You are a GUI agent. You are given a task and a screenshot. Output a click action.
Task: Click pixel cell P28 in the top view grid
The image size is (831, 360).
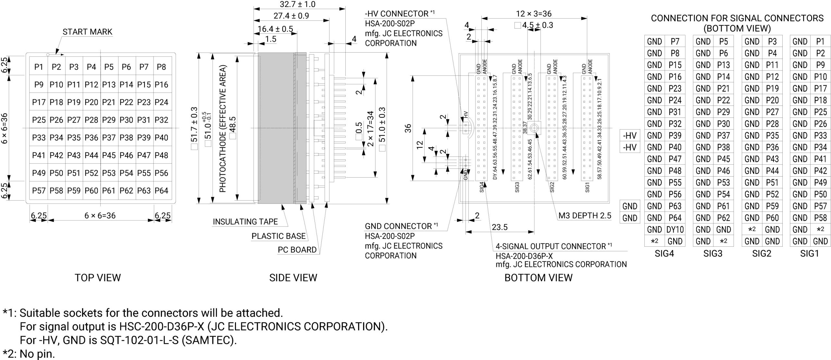tap(91, 120)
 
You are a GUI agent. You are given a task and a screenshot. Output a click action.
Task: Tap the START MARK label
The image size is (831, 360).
tap(87, 32)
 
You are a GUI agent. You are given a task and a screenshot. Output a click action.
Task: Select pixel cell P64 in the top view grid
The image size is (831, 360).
tap(161, 191)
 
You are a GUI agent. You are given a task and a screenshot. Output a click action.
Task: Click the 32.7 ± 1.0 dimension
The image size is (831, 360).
tap(297, 4)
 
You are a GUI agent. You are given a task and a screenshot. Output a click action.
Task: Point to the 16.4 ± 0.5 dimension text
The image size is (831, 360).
tap(275, 29)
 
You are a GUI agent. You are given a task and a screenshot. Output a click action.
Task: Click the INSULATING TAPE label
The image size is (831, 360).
tap(245, 222)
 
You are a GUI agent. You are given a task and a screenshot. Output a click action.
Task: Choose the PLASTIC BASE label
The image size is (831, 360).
tap(279, 236)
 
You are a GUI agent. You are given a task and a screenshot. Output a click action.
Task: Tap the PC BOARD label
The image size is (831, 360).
tap(297, 250)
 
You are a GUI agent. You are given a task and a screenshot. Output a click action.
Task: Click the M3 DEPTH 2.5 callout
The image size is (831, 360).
tap(585, 216)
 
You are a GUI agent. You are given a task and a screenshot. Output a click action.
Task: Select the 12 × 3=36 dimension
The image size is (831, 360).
tap(534, 14)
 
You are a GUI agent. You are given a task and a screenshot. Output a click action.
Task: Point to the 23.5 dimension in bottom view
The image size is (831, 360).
tap(499, 227)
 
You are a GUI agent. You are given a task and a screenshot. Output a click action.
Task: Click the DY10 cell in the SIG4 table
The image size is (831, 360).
tap(675, 230)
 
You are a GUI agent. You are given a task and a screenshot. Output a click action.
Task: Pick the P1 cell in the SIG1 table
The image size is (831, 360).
tap(820, 42)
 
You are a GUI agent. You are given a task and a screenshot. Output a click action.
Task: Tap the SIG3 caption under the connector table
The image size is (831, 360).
tap(713, 254)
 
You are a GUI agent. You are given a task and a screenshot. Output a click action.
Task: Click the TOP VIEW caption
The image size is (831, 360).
tap(98, 278)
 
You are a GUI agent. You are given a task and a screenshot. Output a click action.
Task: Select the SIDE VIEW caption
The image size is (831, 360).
tap(293, 278)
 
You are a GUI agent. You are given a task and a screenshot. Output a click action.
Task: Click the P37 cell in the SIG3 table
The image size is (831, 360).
tap(723, 135)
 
